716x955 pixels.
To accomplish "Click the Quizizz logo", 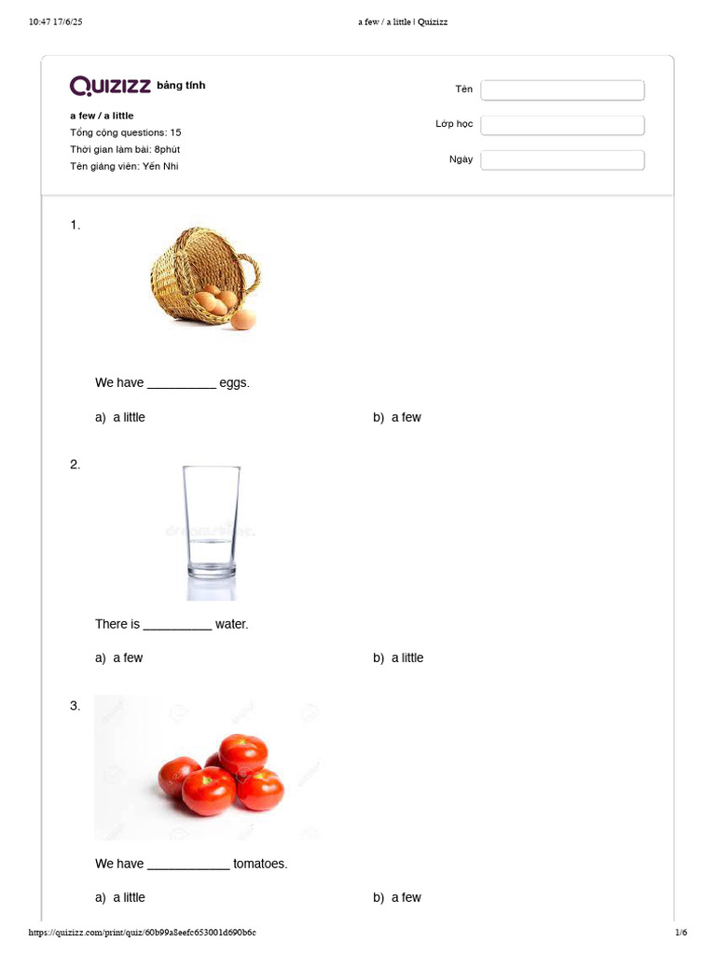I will click(110, 86).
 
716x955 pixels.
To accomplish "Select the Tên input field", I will click(562, 90).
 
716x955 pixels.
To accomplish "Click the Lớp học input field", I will click(562, 125).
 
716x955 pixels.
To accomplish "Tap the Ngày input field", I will click(562, 160).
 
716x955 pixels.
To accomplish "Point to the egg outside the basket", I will click(243, 320).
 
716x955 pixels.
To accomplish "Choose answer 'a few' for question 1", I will click(406, 418).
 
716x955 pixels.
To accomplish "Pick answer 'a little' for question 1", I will click(129, 418).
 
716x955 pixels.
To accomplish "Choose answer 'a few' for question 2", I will click(128, 658).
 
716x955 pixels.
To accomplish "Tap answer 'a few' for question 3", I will click(406, 898).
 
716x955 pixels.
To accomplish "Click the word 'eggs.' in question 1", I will click(235, 383).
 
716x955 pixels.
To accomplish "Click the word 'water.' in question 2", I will click(232, 624).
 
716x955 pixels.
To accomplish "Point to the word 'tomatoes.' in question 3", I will click(260, 865).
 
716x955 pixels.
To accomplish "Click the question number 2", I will click(75, 464).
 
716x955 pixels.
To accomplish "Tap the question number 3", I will click(75, 706).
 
